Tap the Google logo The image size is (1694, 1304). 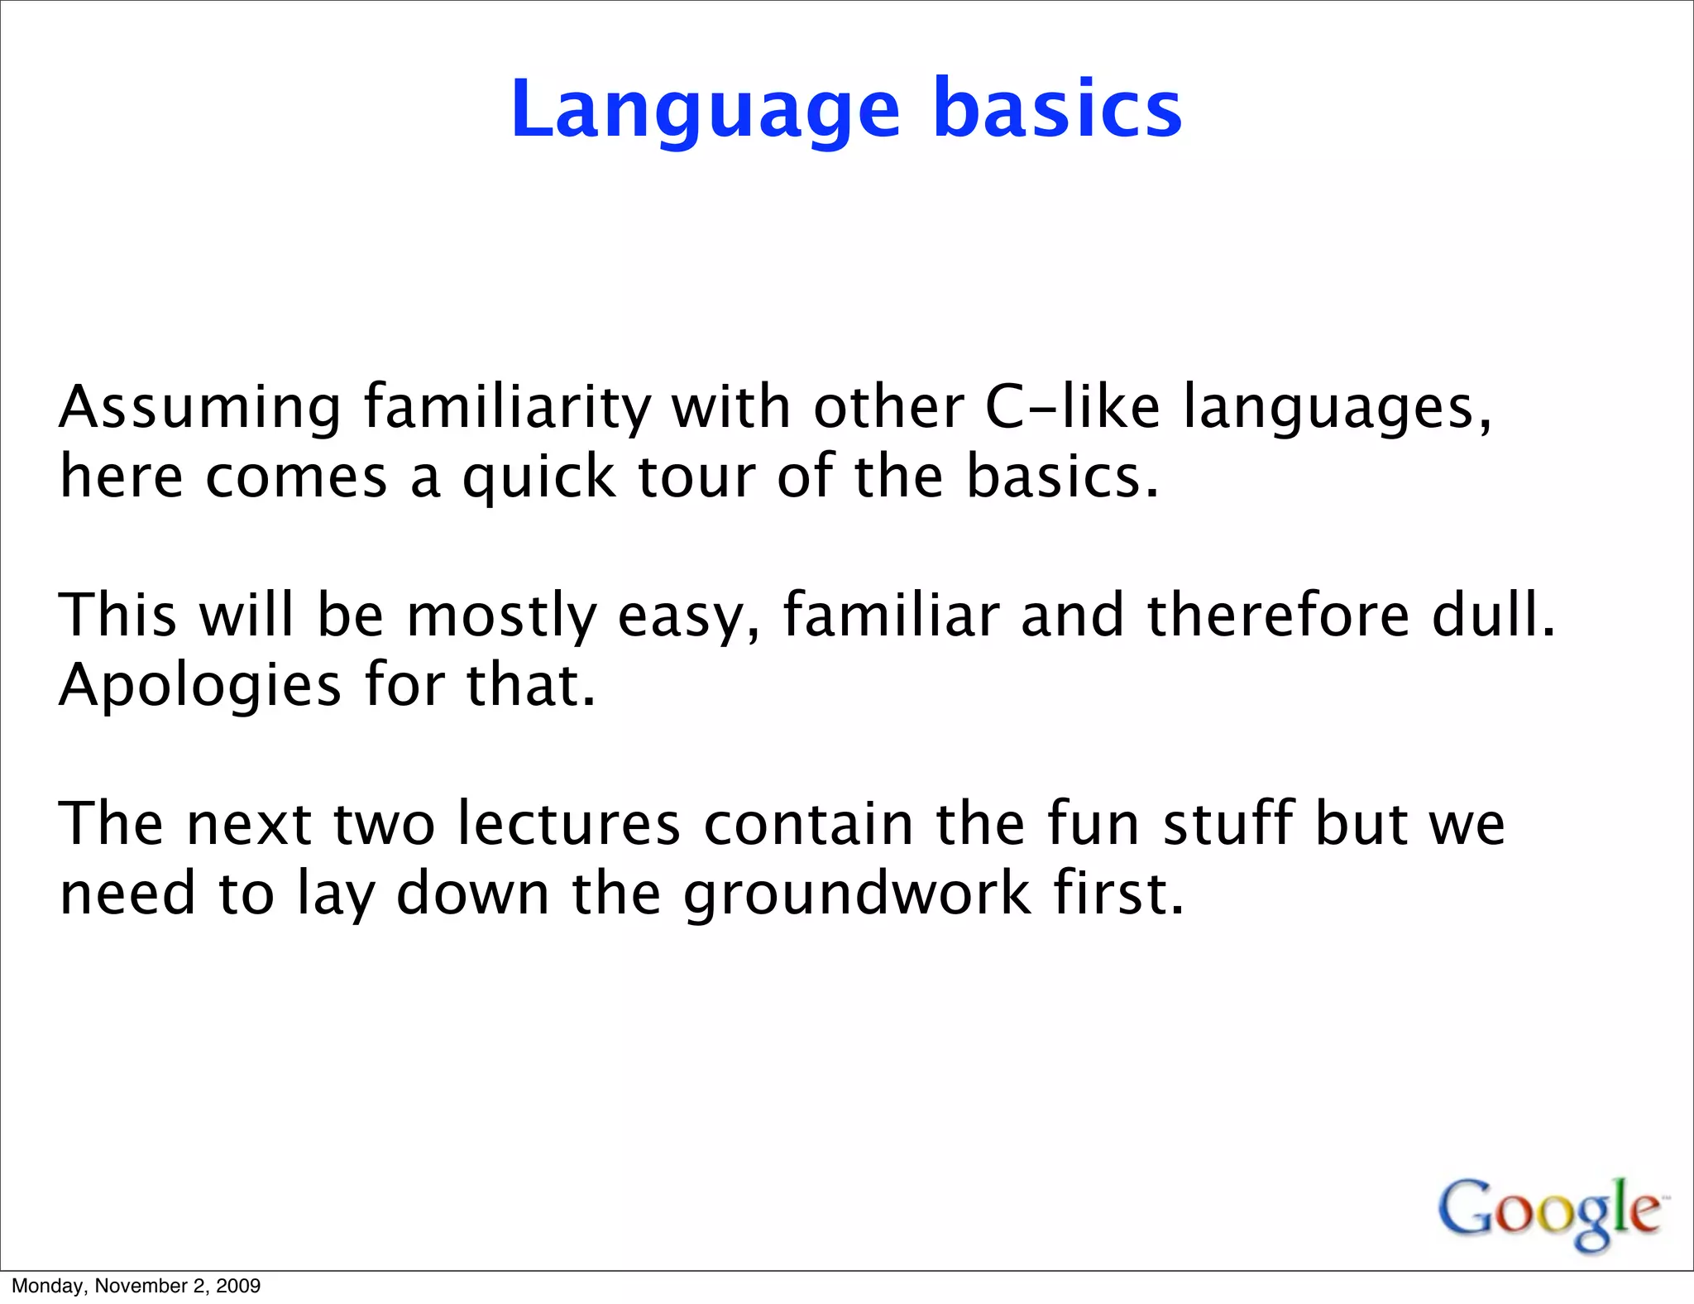point(1550,1213)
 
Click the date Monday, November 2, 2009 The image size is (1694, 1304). point(136,1286)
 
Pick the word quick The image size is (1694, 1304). point(538,478)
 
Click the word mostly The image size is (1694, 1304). point(501,616)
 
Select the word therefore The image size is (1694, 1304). point(1278,616)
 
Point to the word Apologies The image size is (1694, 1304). point(199,687)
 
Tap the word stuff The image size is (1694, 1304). point(1227,825)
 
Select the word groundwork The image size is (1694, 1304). point(857,895)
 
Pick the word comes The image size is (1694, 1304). point(296,478)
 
